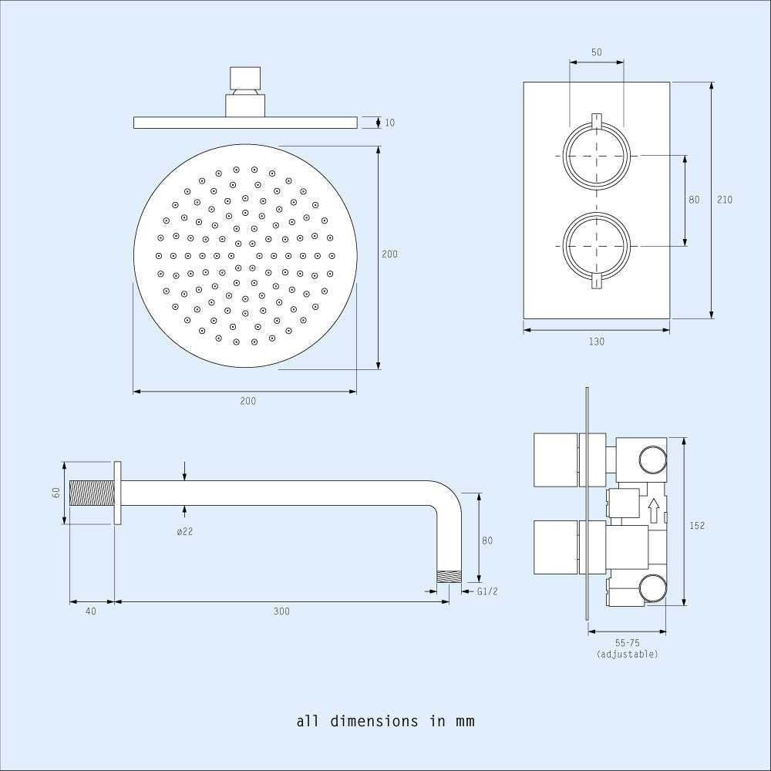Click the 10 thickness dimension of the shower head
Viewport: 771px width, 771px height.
(x=389, y=123)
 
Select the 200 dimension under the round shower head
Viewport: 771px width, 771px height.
(x=247, y=401)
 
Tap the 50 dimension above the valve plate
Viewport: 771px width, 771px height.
(x=596, y=52)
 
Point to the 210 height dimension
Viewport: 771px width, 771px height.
(x=725, y=200)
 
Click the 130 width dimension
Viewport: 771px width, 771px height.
(x=597, y=342)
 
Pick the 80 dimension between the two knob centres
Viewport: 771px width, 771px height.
(x=694, y=200)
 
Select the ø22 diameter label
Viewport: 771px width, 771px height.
(x=184, y=531)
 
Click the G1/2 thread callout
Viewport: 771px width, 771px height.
(x=487, y=591)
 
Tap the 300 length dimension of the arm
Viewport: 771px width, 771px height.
(x=281, y=611)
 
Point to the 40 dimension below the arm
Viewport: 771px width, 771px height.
(x=91, y=611)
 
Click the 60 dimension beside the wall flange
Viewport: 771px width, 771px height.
(x=56, y=492)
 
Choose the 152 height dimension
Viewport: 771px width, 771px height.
(x=697, y=526)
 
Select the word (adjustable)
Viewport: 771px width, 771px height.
(x=627, y=655)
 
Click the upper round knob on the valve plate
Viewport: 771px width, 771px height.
(x=596, y=157)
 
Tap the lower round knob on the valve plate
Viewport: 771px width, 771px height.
(x=596, y=246)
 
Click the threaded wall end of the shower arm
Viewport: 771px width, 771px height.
(x=92, y=493)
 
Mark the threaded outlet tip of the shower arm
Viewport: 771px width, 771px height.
(x=449, y=576)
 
